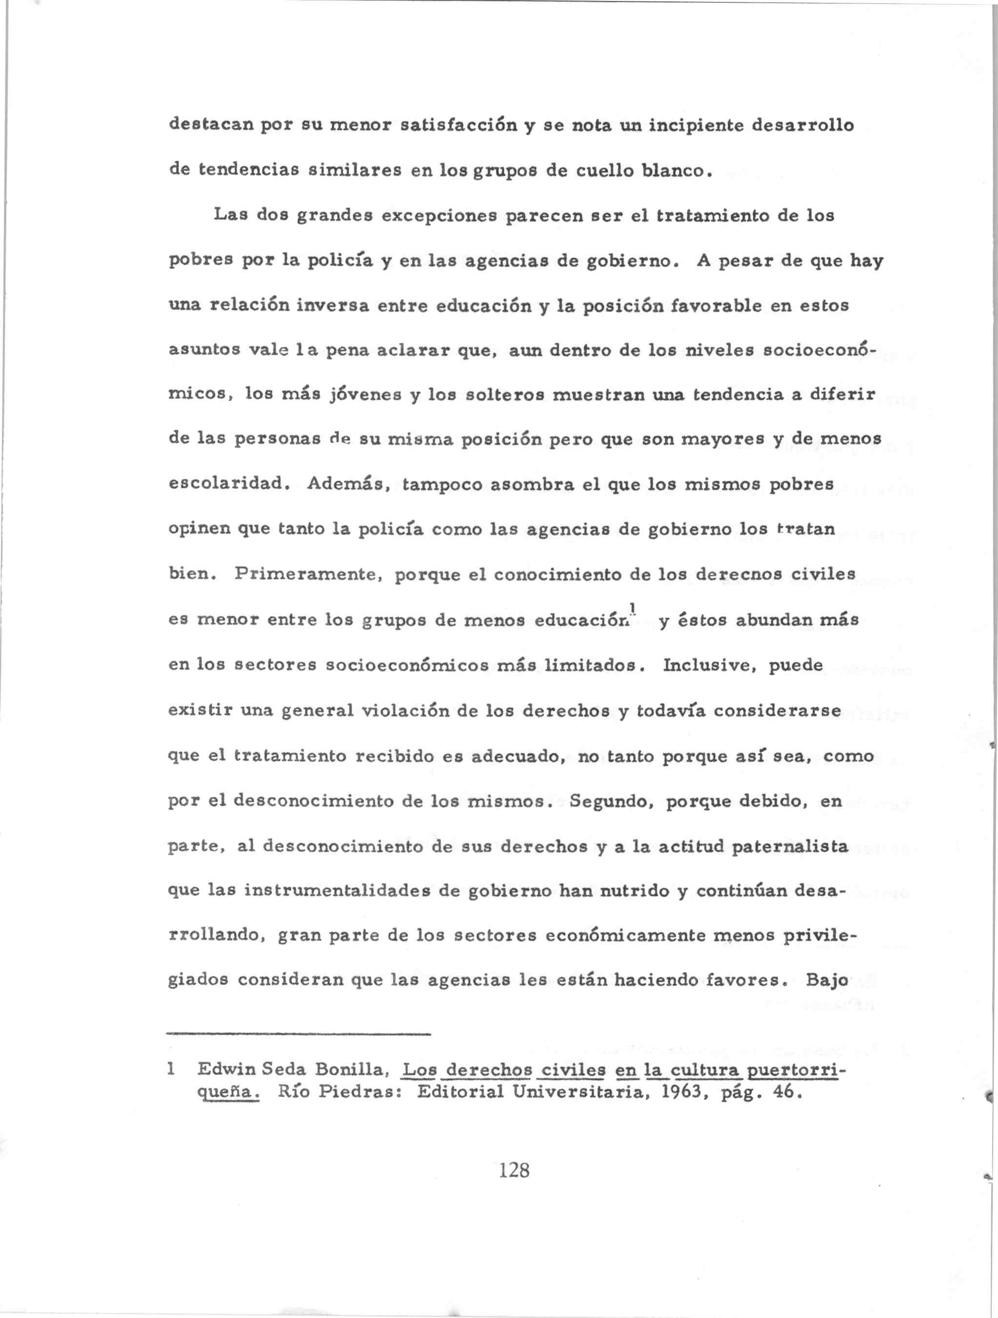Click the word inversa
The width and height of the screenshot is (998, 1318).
tap(334, 306)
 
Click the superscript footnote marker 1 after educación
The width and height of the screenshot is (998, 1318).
tap(634, 608)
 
